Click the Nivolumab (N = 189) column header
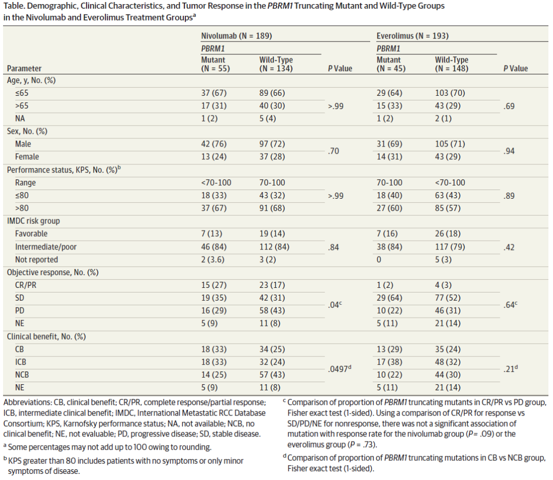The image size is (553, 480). pos(236,36)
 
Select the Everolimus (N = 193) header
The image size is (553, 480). pos(412,36)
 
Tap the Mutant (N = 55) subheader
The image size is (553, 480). pos(215,64)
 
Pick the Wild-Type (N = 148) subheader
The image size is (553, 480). pos(452,64)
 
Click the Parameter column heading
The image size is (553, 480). pos(24,69)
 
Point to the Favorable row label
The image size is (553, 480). pos(31,234)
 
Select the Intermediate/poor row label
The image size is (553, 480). pos(46,247)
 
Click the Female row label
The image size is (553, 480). pos(27,157)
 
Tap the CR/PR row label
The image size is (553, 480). pos(26,285)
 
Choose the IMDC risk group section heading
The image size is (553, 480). pos(33,221)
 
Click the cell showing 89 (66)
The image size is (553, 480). pos(272,93)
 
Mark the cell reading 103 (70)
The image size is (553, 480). pos(450,93)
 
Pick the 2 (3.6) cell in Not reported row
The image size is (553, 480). pos(214,260)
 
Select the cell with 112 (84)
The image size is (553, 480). pos(274,247)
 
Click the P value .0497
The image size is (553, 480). pos(339,369)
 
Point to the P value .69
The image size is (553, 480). pos(509,106)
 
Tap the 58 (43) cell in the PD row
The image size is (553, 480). pos(272,310)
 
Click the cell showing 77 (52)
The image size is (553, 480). pos(448,298)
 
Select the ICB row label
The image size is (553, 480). pos(20,362)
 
